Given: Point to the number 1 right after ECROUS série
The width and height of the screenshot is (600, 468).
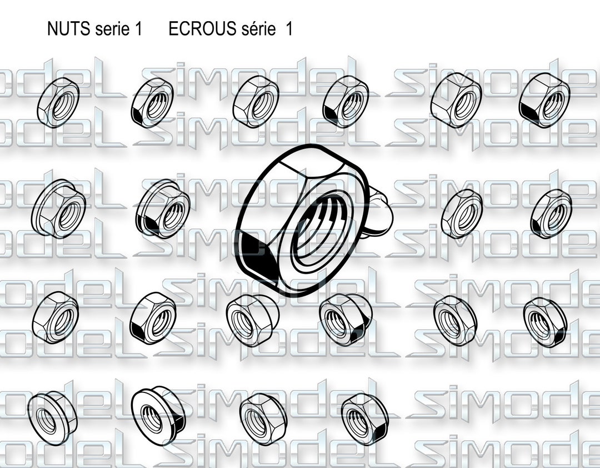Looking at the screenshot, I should pos(288,29).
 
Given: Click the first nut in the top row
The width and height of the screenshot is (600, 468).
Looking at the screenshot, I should pos(58,102).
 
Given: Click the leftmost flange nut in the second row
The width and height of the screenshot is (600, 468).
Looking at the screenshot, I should pos(59,208).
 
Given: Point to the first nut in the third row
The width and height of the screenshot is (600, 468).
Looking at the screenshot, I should pos(56,316).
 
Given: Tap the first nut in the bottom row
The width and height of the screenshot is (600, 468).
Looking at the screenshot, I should pos(52,417).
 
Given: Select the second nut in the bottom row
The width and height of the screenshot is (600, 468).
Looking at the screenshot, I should pos(158,415).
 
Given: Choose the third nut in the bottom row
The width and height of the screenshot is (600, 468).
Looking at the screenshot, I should pos(263,419).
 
